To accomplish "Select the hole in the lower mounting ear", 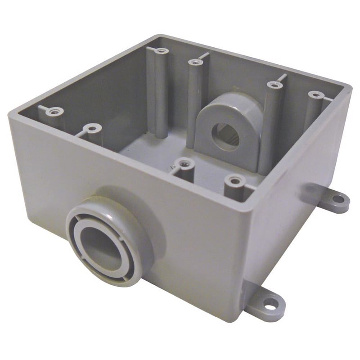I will pyautogui.click(x=270, y=302).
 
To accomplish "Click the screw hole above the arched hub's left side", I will pyautogui.click(x=196, y=62).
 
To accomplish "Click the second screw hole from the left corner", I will pyautogui.click(x=93, y=129).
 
